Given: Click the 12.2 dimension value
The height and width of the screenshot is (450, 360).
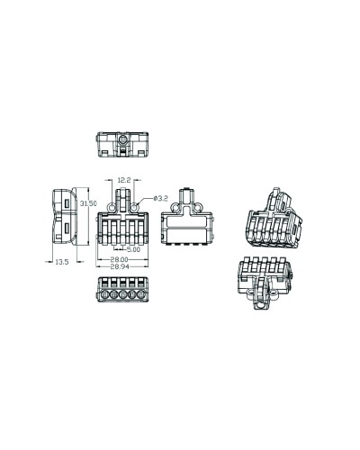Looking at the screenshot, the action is click(124, 180).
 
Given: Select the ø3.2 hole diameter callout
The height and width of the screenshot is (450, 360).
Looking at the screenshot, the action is click(160, 198).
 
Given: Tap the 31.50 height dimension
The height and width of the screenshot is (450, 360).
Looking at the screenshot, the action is click(88, 203).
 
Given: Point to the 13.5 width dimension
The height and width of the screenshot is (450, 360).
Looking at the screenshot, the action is click(62, 262).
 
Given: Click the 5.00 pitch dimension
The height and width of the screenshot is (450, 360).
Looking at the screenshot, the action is click(133, 249).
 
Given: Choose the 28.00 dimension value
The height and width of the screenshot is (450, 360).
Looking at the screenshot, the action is click(119, 259).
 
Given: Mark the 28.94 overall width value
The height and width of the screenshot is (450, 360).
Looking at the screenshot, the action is click(120, 266).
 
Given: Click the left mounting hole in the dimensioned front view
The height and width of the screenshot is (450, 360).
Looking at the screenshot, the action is click(112, 207).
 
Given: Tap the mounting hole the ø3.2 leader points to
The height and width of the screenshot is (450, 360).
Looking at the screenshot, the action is click(134, 207).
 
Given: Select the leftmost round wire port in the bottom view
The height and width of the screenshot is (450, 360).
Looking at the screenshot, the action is click(104, 295).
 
